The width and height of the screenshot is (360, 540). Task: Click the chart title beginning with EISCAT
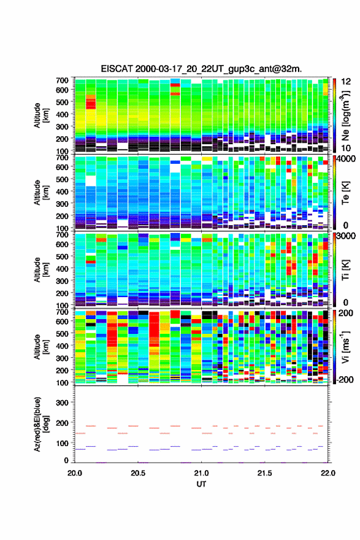click(201, 69)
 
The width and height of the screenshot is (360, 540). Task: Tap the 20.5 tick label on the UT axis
click(137, 473)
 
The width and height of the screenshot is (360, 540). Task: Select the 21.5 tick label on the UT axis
click(264, 473)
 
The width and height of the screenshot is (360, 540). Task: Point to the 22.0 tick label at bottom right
click(328, 473)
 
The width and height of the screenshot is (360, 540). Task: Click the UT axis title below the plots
click(201, 484)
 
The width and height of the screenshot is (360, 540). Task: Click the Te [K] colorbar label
click(345, 193)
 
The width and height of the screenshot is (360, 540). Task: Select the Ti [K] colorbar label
click(345, 270)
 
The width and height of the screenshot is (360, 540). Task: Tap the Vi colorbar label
click(345, 347)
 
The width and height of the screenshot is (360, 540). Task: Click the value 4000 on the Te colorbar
click(347, 160)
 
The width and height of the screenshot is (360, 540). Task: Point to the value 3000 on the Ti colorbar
click(347, 236)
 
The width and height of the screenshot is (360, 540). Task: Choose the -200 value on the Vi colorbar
click(345, 379)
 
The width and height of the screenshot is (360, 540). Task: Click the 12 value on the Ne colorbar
click(346, 82)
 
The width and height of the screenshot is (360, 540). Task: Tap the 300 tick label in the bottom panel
click(62, 403)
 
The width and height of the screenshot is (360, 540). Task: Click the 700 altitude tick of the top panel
click(62, 80)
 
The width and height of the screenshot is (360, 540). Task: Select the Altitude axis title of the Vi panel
click(41, 347)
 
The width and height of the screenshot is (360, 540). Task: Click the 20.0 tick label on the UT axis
click(75, 473)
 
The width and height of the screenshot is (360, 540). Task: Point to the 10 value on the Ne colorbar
click(346, 148)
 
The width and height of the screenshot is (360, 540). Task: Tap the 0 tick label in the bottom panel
click(66, 460)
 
